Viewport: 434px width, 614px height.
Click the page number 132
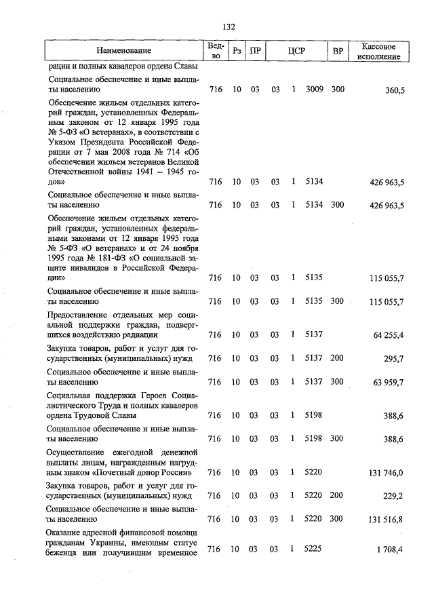click(x=229, y=27)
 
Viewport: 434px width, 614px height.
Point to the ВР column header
click(x=337, y=51)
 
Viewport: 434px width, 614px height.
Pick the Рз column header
click(x=237, y=51)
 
